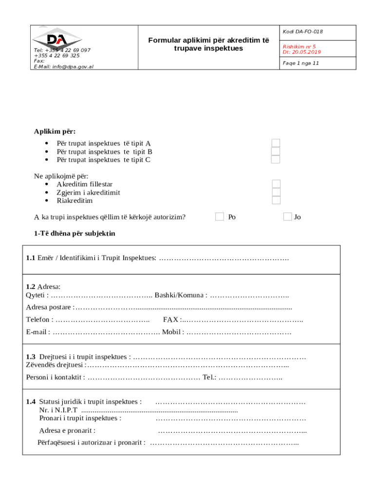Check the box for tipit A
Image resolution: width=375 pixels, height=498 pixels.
(276, 143)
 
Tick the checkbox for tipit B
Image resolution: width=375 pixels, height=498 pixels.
(276, 151)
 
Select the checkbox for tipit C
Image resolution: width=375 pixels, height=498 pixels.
(276, 160)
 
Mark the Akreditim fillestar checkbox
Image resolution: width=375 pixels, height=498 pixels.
(276, 184)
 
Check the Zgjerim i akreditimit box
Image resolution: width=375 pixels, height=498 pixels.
(276, 192)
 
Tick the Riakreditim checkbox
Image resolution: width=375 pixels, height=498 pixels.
(276, 200)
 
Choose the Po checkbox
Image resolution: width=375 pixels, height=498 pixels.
(220, 216)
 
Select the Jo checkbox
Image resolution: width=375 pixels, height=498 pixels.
(287, 216)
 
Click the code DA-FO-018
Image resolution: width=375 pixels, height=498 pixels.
(302, 32)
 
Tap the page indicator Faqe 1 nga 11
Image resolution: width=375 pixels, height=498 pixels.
(300, 63)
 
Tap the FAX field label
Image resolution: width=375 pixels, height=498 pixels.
(171, 320)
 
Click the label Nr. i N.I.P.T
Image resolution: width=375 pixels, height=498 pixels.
(58, 410)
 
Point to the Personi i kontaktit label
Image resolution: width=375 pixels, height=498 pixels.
(55, 377)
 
